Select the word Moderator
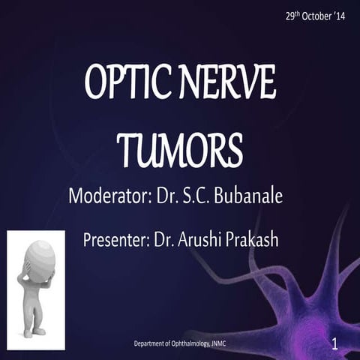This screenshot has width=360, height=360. [109, 197]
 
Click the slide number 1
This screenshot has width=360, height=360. [334, 344]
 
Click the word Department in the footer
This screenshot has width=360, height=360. [151, 344]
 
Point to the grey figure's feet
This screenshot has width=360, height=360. [34, 330]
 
